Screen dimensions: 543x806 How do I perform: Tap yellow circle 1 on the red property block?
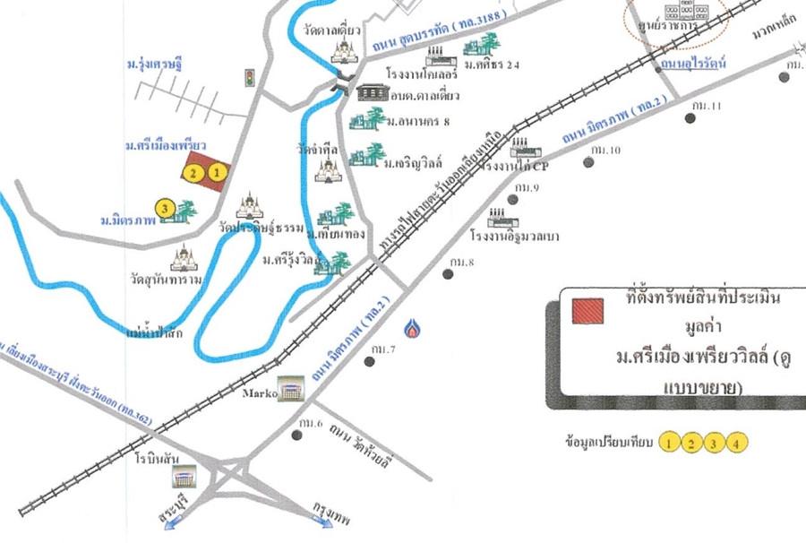point(216,170)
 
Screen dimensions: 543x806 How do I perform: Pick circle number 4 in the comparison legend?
point(735,442)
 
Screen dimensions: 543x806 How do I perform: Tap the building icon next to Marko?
point(289,388)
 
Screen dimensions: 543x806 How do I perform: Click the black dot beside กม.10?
point(588,162)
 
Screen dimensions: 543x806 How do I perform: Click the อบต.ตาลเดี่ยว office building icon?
point(373,92)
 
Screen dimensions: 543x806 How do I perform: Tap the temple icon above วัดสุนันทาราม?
point(184,257)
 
